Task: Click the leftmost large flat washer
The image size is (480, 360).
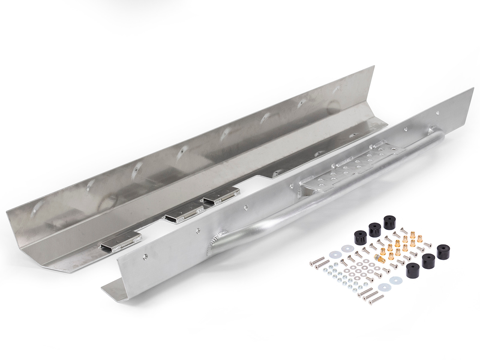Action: tap(334, 254)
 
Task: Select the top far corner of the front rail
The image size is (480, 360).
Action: tap(473, 88)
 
